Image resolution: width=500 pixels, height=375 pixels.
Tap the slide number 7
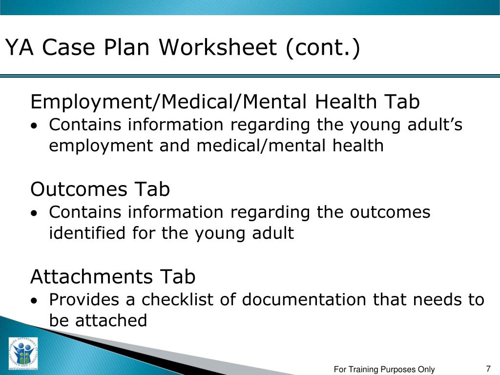(x=488, y=369)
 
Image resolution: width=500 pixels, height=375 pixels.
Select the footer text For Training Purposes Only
(x=384, y=370)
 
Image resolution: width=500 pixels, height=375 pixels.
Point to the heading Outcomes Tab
(x=100, y=189)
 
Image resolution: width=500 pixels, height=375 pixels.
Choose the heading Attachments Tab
(x=113, y=277)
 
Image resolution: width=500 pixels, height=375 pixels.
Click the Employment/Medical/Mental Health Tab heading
(x=225, y=102)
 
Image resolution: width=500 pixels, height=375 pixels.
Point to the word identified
(x=88, y=233)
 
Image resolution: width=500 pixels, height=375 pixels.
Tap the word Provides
(x=85, y=299)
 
